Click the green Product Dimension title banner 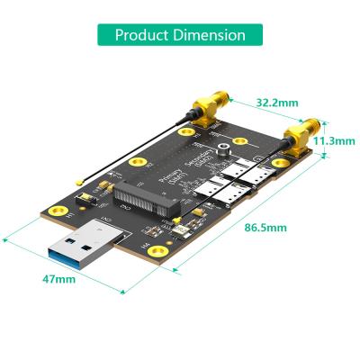click(x=180, y=35)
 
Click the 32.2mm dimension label click(x=275, y=103)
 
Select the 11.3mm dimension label click(x=331, y=141)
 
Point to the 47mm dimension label click(x=59, y=279)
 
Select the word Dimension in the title click(x=210, y=35)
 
